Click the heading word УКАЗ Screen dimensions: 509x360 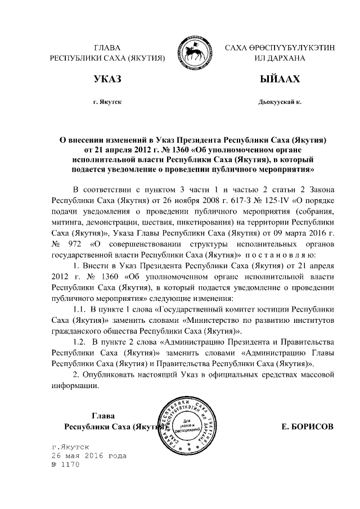[x=107, y=79]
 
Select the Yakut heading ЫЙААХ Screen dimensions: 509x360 [x=279, y=79]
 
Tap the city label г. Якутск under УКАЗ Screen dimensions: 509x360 [x=107, y=103]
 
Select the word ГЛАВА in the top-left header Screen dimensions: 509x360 [x=107, y=48]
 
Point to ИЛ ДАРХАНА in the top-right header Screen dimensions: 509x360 [x=280, y=58]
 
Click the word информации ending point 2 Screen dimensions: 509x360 [x=75, y=385]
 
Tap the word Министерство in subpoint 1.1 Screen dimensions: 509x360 [x=226, y=320]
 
